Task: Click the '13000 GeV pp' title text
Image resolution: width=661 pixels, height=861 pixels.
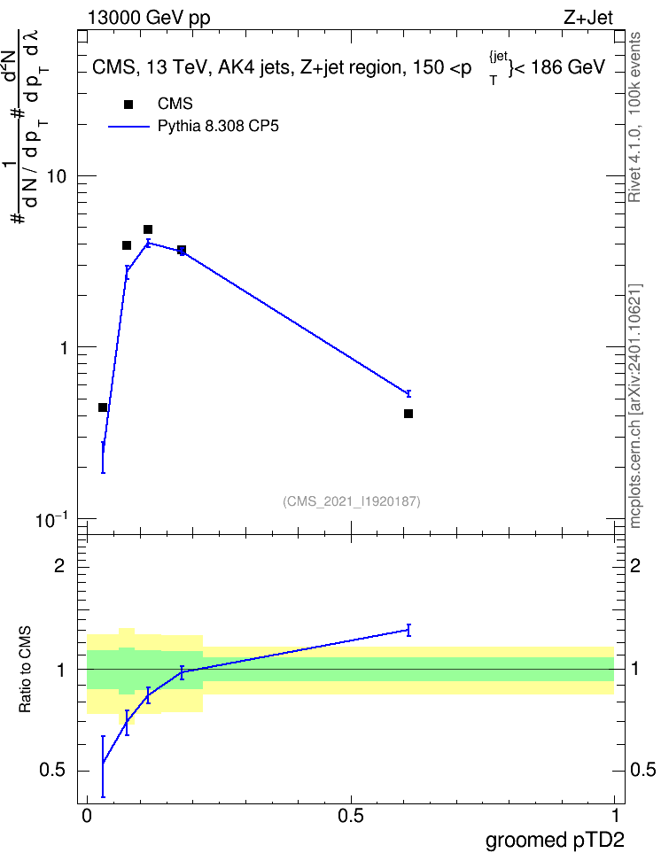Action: (x=149, y=18)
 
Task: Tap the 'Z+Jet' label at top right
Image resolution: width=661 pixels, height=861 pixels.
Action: (x=588, y=18)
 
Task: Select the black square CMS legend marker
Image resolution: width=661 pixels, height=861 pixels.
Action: (x=128, y=105)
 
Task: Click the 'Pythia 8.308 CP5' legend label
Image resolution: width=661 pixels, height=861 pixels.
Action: (x=218, y=127)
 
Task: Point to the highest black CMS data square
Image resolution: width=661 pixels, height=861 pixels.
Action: (x=148, y=229)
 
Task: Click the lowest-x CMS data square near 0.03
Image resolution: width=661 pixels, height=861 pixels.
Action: (x=103, y=407)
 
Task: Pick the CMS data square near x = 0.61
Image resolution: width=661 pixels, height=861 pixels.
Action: (x=408, y=414)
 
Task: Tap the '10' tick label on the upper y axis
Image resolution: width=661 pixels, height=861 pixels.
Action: (x=57, y=177)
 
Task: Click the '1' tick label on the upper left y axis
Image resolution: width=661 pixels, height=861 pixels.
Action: (x=63, y=348)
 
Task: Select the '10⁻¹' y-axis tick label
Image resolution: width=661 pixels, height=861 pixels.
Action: (x=51, y=519)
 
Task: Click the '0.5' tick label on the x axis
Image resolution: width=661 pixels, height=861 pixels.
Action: (x=351, y=816)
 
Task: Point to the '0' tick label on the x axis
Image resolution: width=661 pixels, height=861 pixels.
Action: (x=86, y=816)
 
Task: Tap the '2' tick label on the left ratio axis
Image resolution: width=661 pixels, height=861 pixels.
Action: (x=60, y=565)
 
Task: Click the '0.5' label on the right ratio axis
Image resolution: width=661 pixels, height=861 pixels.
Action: (x=642, y=770)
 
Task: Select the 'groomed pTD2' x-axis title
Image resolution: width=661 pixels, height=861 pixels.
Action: (x=555, y=840)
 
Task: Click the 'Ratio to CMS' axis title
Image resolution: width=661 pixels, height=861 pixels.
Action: (x=25, y=670)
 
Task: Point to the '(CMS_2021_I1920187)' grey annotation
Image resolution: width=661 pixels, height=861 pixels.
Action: (x=352, y=501)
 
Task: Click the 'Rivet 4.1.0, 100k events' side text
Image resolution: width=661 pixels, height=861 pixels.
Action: (x=634, y=117)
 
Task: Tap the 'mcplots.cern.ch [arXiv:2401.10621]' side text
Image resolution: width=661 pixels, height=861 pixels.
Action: (x=634, y=407)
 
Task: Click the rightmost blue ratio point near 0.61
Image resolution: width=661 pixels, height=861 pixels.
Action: (x=408, y=630)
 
